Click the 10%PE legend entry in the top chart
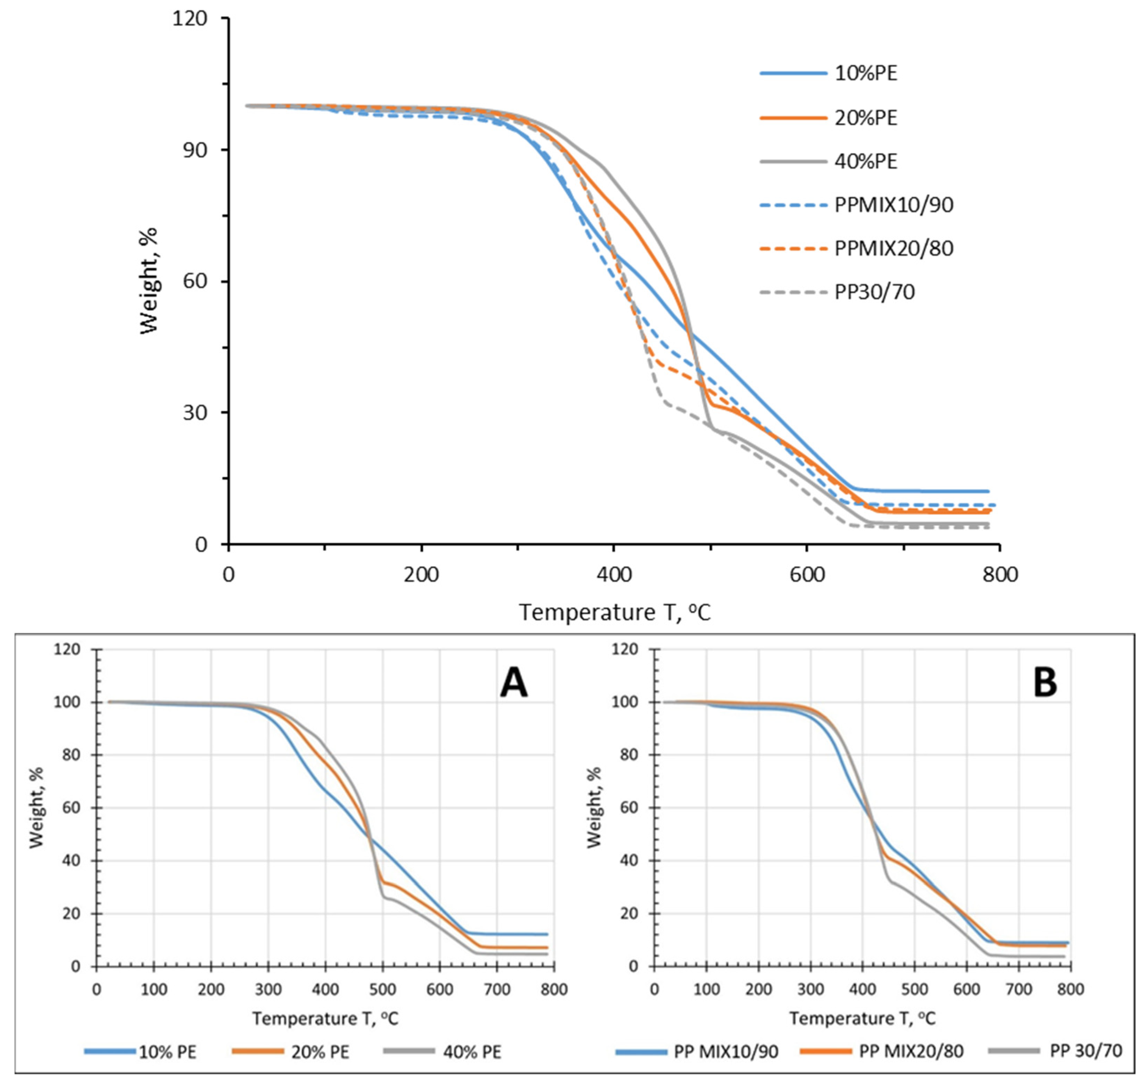click(829, 73)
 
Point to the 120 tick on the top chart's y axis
click(189, 18)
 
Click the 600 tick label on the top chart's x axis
click(807, 575)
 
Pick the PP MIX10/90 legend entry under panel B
click(697, 1052)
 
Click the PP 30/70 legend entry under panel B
click(1056, 1052)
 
